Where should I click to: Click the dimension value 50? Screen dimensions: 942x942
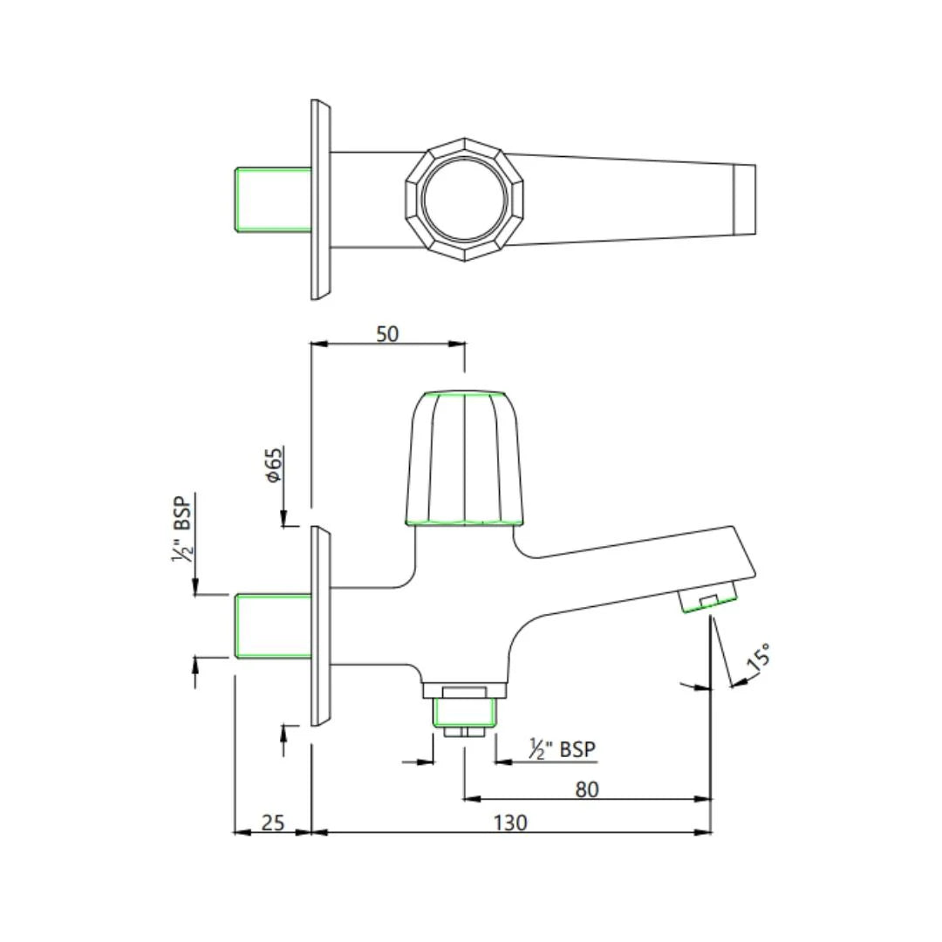tap(387, 333)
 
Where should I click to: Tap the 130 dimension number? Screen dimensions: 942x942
tap(510, 822)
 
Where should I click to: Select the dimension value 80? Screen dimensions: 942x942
tap(587, 788)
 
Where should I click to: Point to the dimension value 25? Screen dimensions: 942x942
tap(273, 822)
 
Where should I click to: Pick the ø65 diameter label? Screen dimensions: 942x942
tap(274, 466)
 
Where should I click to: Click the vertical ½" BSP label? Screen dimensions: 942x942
tap(182, 528)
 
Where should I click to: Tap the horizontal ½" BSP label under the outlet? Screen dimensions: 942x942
tap(563, 748)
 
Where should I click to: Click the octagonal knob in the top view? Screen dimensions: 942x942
tap(464, 200)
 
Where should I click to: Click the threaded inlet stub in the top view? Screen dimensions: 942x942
tap(274, 200)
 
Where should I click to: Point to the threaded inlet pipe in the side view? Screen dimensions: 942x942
tap(274, 625)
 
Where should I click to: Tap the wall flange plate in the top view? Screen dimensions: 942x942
tap(320, 200)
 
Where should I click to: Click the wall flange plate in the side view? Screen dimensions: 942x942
tap(320, 626)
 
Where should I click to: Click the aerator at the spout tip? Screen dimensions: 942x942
tap(707, 600)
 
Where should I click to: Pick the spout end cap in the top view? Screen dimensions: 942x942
tap(744, 200)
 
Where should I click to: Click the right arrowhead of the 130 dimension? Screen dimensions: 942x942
tap(704, 832)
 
